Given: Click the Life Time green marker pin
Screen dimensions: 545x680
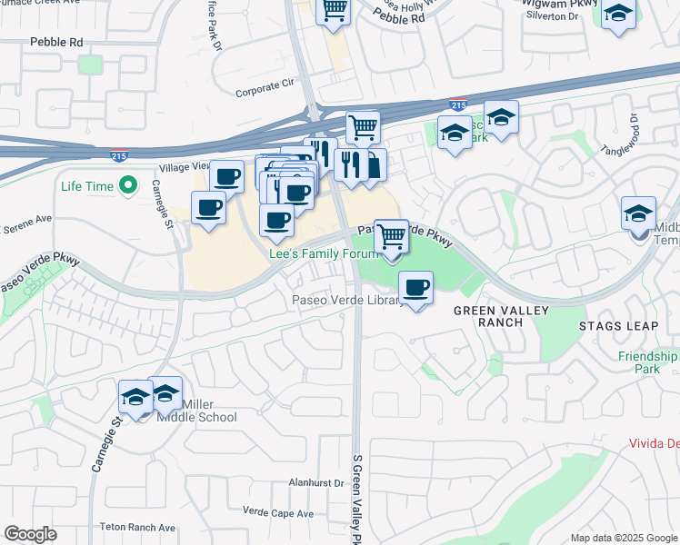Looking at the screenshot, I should coord(128,186).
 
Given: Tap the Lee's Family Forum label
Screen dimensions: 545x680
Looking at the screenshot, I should coord(323,254).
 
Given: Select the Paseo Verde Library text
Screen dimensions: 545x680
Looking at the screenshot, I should coord(347,301).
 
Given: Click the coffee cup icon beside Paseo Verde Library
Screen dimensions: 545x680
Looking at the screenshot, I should coord(415,289).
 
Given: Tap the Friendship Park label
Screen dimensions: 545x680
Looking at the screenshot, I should coord(646,363).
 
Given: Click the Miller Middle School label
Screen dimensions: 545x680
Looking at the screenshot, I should coord(196,411).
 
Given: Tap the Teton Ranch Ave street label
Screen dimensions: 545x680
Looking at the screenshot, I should coord(137,527).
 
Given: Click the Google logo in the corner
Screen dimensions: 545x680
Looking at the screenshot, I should coord(31,534).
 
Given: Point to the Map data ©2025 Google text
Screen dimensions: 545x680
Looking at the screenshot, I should coord(623,538).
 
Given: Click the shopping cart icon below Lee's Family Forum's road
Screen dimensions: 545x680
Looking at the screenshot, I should coord(391,236).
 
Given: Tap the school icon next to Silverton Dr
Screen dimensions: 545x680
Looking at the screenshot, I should coord(618,15).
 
